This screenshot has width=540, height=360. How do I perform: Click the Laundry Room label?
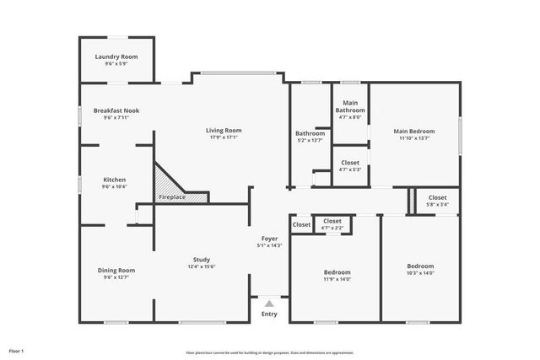tap(116, 56)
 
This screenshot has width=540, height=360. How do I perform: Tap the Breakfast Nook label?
tap(116, 111)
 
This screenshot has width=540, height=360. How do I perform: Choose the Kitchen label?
tap(115, 180)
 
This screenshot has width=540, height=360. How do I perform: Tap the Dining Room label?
tap(116, 270)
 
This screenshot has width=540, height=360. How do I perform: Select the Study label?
tap(202, 260)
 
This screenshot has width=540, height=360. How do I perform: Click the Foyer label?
tap(269, 239)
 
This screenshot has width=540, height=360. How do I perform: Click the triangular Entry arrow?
tap(269, 303)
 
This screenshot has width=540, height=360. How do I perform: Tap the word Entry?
tap(269, 314)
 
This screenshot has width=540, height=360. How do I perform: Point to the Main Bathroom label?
tap(350, 107)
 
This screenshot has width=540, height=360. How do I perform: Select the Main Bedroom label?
tap(415, 131)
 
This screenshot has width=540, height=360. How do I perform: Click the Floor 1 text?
tap(17, 351)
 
